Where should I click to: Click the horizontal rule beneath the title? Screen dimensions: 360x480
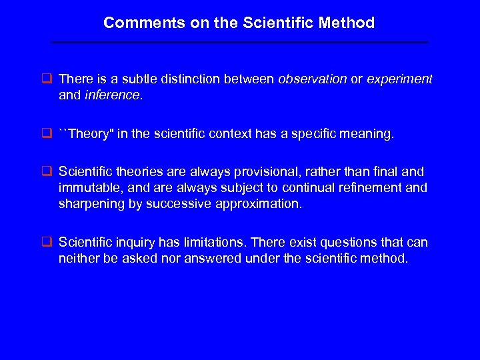[240, 43]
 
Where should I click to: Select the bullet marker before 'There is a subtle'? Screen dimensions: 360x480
[47, 79]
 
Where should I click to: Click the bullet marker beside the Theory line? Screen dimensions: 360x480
[47, 134]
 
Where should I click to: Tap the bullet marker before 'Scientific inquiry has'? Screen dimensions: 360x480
[47, 242]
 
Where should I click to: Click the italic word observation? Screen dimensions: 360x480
[312, 79]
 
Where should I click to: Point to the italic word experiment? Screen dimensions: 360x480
[399, 79]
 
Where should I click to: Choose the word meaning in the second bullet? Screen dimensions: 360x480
[369, 134]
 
